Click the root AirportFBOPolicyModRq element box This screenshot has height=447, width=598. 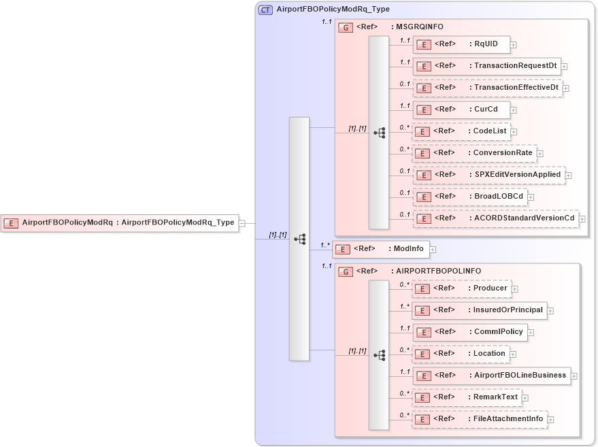coord(120,222)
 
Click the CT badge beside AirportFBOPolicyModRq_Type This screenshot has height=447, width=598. coord(265,10)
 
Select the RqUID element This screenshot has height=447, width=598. coord(461,44)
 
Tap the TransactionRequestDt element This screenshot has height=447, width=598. coord(486,66)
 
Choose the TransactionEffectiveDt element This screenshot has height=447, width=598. coord(487,88)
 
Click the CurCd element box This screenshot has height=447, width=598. coord(461,110)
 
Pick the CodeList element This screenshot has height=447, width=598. coord(461,131)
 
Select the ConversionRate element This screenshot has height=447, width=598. coord(474,153)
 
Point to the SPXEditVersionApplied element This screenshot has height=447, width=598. coord(488,175)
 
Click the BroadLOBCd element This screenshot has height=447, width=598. coord(469,197)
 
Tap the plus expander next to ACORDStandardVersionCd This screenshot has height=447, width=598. coord(582,219)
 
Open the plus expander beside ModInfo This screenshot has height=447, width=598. coord(432,250)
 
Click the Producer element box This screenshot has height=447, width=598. coord(461,288)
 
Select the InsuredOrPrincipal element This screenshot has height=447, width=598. coord(479,310)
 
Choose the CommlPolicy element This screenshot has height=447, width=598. coord(469,332)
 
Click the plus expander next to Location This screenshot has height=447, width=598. coord(513,354)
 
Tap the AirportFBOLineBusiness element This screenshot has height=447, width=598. coord(491,376)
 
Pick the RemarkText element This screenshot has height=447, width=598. coord(466,397)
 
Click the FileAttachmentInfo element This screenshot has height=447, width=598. coord(479,419)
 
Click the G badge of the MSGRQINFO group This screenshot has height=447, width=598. coord(346,27)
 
